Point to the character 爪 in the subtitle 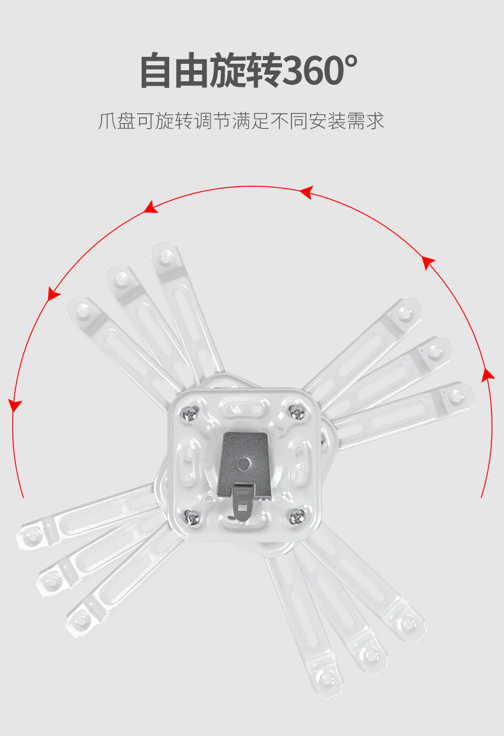click(107, 121)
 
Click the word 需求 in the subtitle click(366, 121)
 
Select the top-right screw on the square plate click(295, 412)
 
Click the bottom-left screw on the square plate click(191, 517)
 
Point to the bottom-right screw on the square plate click(296, 516)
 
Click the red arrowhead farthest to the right click(487, 375)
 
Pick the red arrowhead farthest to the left click(15, 405)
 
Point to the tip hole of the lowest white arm click(328, 677)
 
